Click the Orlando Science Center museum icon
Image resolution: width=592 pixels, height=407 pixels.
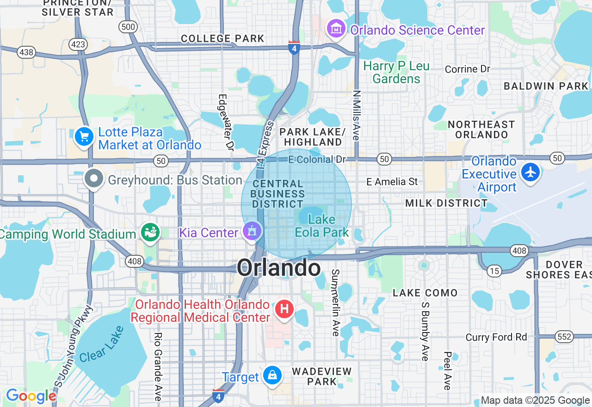[x=337, y=29]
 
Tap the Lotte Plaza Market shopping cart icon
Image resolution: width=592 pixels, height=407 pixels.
[x=84, y=136]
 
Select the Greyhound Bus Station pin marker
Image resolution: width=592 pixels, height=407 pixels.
[x=94, y=179]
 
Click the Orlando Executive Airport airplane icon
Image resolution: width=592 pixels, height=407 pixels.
[x=530, y=172]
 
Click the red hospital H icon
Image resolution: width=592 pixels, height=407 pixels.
[x=284, y=308]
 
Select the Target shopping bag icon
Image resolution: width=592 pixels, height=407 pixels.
[x=272, y=375]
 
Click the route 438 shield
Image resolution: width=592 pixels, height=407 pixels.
[x=26, y=52]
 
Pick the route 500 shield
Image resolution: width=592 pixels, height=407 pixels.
[x=128, y=27]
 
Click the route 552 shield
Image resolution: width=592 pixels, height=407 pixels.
[x=565, y=337]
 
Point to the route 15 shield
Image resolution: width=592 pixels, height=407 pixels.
[x=494, y=271]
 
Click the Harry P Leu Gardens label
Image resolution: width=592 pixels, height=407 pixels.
[x=396, y=73]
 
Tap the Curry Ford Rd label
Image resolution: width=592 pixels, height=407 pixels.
[x=496, y=337]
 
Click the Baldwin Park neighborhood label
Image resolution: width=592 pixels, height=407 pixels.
[x=546, y=86]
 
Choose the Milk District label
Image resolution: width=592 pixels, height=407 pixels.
[x=446, y=203]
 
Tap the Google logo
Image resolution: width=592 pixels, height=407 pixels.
[x=31, y=396]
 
